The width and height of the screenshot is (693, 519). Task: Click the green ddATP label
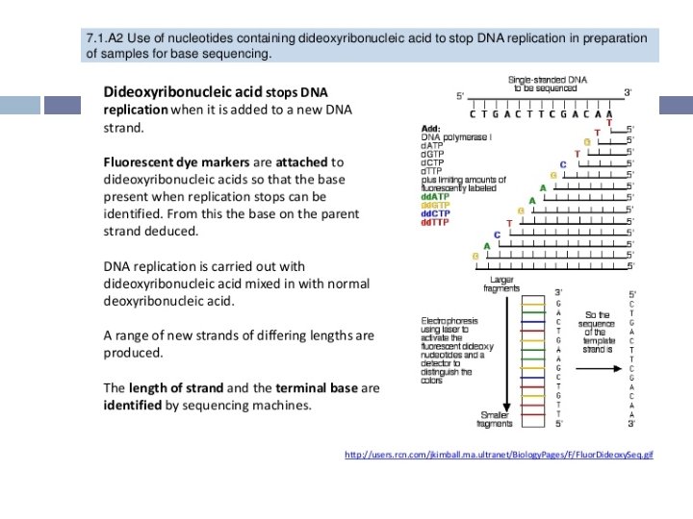(x=439, y=197)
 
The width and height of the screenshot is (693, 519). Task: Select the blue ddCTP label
(x=439, y=213)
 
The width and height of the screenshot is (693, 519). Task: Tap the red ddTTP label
(x=438, y=222)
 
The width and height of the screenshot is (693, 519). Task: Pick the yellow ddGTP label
(x=439, y=206)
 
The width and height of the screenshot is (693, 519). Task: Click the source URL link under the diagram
(x=499, y=454)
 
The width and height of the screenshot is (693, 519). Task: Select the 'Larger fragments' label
(x=501, y=284)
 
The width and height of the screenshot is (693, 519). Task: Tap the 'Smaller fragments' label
(x=496, y=419)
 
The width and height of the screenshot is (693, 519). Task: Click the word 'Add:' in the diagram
(x=432, y=128)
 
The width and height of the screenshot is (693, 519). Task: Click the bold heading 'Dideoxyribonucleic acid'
(x=182, y=92)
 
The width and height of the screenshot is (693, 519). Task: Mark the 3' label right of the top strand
(x=629, y=92)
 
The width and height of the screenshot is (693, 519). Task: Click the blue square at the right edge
(x=678, y=105)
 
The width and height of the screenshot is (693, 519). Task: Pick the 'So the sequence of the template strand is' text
(x=597, y=332)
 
